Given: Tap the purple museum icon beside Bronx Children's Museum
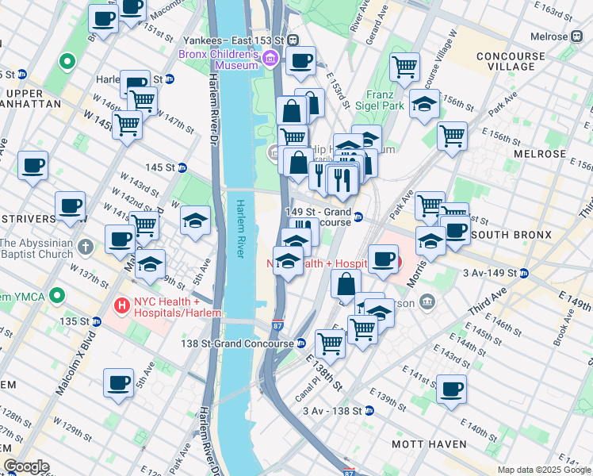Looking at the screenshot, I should (270, 57).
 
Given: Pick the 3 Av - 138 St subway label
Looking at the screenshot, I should (332, 411).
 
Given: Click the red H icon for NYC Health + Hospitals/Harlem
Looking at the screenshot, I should (122, 304).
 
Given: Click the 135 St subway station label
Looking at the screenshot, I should (75, 321).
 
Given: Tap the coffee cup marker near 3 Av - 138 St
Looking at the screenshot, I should (451, 390).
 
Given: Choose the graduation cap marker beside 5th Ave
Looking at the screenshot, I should (195, 221).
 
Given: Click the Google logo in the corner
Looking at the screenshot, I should (26, 466).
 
